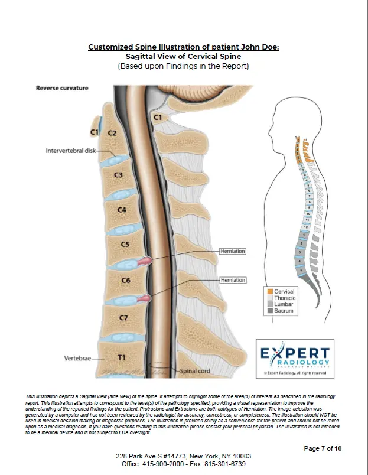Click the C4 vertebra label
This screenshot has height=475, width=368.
pyautogui.click(x=122, y=209)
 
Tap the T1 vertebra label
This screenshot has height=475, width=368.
pyautogui.click(x=122, y=357)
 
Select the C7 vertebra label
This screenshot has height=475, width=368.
pyautogui.click(x=123, y=318)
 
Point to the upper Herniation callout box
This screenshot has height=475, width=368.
pyautogui.click(x=232, y=251)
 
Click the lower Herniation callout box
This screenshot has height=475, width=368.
pyautogui.click(x=232, y=279)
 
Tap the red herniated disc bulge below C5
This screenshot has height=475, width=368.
pyautogui.click(x=144, y=261)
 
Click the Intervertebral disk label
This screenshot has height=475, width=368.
pyautogui.click(x=70, y=151)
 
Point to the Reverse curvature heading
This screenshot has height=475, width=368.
pyautogui.click(x=62, y=88)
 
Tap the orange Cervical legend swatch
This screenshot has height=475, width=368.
pyautogui.click(x=269, y=291)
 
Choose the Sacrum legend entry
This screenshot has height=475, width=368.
pyautogui.click(x=284, y=311)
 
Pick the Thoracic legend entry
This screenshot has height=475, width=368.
pyautogui.click(x=285, y=298)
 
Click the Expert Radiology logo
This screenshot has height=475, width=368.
pyautogui.click(x=295, y=357)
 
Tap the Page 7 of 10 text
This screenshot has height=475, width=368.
pyautogui.click(x=323, y=448)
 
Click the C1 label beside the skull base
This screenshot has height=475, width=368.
pyautogui.click(x=158, y=118)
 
